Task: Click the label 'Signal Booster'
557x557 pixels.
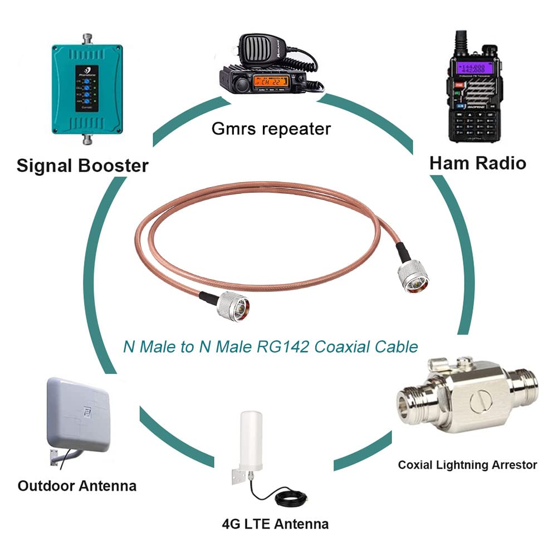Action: click(82, 165)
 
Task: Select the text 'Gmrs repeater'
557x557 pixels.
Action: click(271, 129)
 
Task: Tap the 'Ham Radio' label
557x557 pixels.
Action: click(477, 163)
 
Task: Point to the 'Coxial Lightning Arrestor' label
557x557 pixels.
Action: click(467, 465)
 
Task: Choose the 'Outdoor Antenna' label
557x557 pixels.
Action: click(77, 486)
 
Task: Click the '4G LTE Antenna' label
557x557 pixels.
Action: click(275, 524)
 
